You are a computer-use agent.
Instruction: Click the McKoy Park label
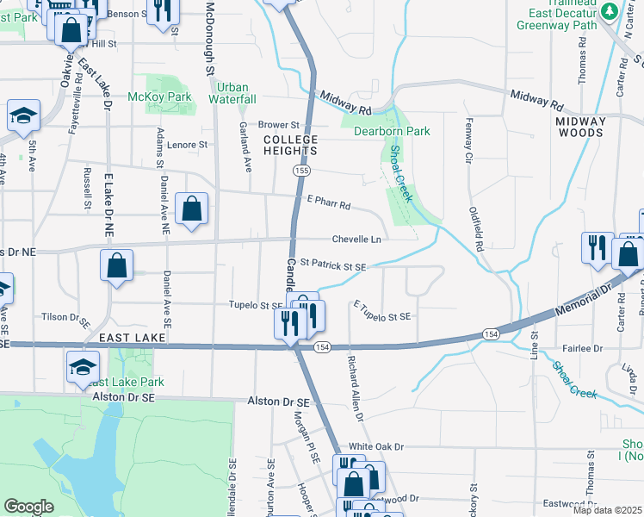click(x=159, y=97)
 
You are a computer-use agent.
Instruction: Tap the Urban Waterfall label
click(x=232, y=94)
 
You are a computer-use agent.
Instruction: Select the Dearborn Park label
click(x=392, y=132)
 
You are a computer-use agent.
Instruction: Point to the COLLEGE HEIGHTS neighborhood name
click(x=290, y=145)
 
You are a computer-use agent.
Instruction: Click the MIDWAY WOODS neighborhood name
click(x=579, y=127)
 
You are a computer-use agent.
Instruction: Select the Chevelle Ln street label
click(x=357, y=240)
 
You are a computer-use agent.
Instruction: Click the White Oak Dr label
click(x=375, y=447)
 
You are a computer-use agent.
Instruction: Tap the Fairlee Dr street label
click(x=585, y=348)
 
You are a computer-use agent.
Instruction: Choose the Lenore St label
click(x=188, y=145)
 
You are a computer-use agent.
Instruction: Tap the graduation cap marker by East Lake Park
click(x=83, y=368)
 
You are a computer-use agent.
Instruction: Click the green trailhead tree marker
click(x=610, y=11)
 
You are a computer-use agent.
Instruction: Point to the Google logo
click(x=28, y=507)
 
